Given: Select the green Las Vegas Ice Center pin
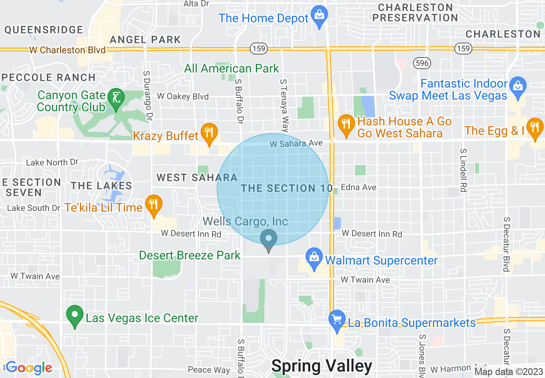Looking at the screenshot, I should (75, 315).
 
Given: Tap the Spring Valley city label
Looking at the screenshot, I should (322, 366).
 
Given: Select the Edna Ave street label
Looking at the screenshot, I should (358, 187).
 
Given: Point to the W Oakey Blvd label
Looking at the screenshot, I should (183, 96).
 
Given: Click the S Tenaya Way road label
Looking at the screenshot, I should (283, 105).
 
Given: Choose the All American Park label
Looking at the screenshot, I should (232, 68).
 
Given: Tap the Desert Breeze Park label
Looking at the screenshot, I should (190, 255).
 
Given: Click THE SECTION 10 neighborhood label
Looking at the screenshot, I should (287, 188).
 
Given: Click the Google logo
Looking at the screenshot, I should (29, 367).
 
